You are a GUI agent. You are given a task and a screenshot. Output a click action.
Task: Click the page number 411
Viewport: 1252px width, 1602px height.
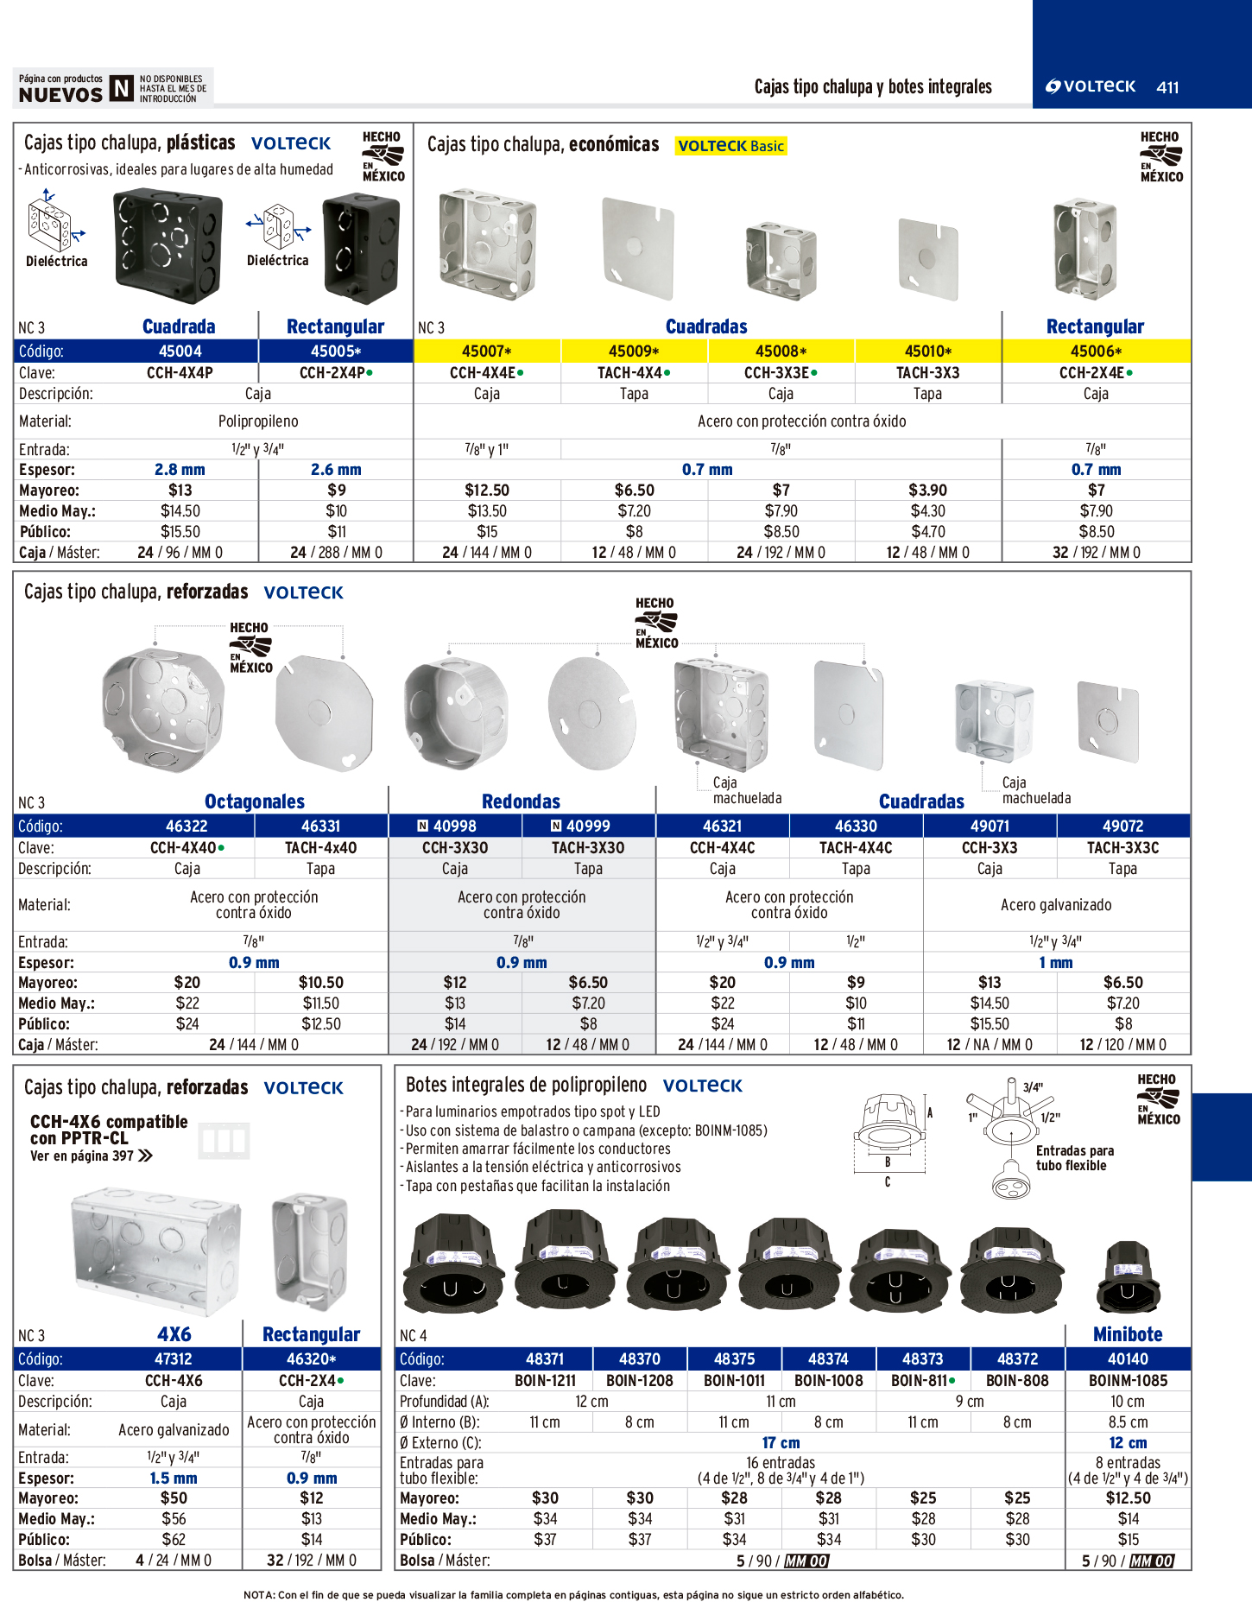(1167, 87)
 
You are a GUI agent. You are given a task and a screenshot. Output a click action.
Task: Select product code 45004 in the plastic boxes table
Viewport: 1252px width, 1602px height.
(180, 351)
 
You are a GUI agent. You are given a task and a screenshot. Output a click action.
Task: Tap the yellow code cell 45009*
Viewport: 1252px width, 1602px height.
(634, 351)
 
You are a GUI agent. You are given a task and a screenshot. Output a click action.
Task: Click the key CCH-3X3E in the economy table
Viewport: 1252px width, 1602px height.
(780, 373)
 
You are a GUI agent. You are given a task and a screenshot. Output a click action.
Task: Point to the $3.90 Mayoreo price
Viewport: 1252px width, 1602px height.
(927, 491)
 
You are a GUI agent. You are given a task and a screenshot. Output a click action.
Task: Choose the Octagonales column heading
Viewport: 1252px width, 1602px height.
(254, 801)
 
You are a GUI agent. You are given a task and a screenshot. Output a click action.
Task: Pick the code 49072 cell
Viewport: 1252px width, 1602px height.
(1122, 826)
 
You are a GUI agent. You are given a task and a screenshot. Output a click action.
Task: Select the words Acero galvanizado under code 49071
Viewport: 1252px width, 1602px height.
(1056, 905)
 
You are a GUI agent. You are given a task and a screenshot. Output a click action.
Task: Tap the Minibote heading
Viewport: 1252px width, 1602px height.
(1128, 1334)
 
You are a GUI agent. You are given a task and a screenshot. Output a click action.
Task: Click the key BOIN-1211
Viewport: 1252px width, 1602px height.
(545, 1381)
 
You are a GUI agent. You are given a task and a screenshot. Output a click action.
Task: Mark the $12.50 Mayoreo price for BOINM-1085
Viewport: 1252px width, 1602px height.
(1128, 1498)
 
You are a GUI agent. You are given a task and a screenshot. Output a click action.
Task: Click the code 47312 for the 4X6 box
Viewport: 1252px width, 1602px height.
(174, 1359)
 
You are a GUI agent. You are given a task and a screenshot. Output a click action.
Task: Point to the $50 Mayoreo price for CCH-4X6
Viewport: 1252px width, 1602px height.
(174, 1498)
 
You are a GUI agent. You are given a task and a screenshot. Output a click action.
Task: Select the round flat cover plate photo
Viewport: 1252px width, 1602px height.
(591, 712)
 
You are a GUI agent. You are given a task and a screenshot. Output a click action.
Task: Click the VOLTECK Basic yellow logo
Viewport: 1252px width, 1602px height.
(730, 146)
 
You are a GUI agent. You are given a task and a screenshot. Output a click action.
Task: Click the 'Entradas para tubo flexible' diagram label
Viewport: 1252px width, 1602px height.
(1074, 1158)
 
